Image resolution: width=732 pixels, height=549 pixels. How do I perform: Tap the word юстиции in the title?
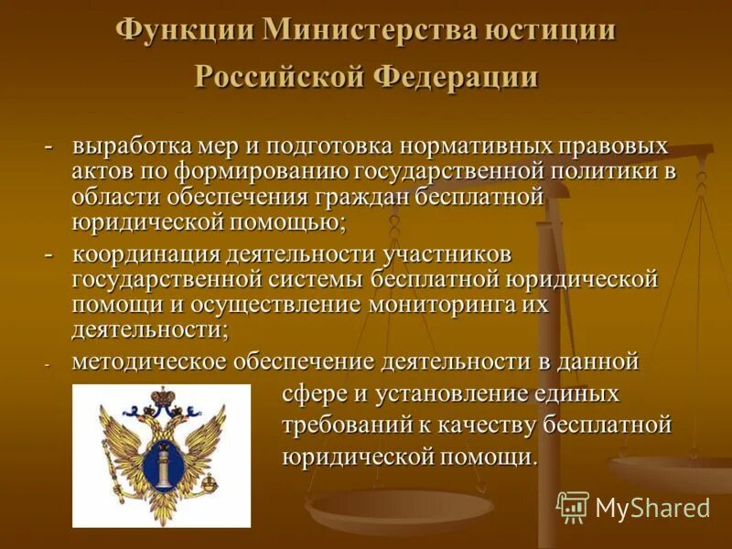click(x=551, y=29)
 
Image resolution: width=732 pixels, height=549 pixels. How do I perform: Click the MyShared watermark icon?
click(x=573, y=506)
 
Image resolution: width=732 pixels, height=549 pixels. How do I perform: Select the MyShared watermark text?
click(x=652, y=507)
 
